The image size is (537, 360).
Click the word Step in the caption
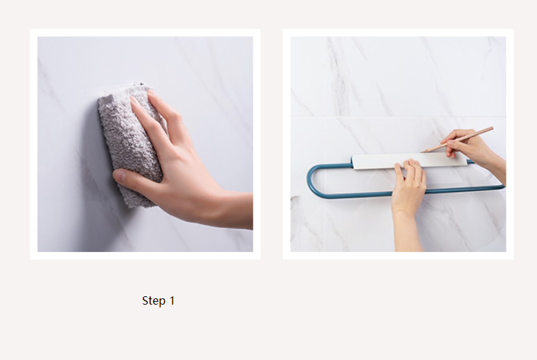pyautogui.click(x=154, y=300)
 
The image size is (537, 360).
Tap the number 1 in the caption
pyautogui.click(x=172, y=300)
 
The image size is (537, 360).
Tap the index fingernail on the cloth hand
pyautogui.click(x=134, y=100)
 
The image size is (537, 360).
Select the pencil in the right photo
pyautogui.click(x=457, y=139)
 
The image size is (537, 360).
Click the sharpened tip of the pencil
pyautogui.click(x=422, y=152)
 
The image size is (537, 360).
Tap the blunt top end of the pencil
pyautogui.click(x=492, y=128)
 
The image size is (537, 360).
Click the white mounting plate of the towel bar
pyautogui.click(x=410, y=161)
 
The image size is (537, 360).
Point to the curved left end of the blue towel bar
pyautogui.click(x=310, y=181)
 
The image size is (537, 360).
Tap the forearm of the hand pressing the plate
pyautogui.click(x=407, y=233)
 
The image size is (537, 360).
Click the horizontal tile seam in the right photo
pyautogui.click(x=398, y=116)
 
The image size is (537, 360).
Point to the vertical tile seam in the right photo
pyautogui.click(x=325, y=184)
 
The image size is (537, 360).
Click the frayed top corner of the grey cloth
pyautogui.click(x=139, y=84)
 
